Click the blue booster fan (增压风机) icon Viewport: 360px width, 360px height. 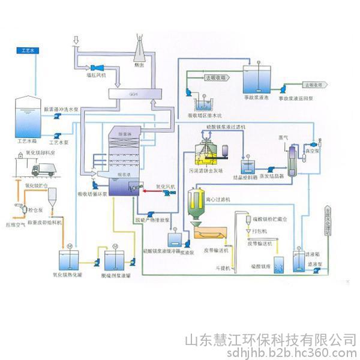pos(97,67)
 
